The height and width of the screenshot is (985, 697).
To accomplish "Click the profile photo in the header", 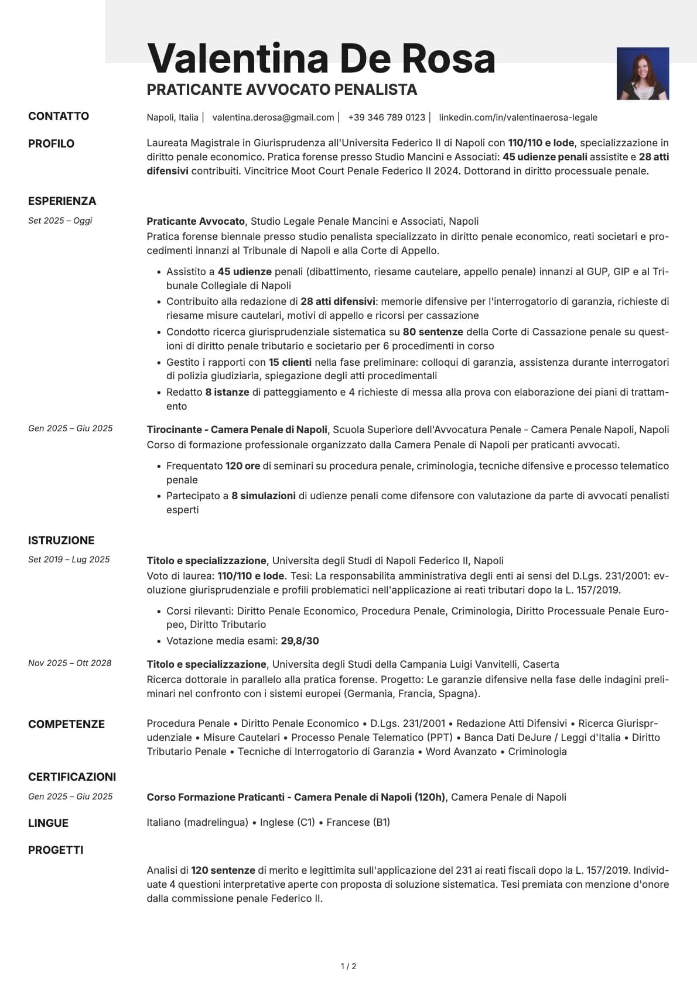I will [x=643, y=74].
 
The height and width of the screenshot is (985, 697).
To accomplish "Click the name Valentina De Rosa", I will [x=321, y=58].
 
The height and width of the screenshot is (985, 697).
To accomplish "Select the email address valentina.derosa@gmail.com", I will [x=273, y=117].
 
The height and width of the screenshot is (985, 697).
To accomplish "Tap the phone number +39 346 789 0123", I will [x=387, y=117].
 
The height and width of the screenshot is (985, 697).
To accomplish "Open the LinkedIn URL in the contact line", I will [x=518, y=117].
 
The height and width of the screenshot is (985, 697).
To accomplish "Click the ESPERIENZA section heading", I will [x=62, y=201].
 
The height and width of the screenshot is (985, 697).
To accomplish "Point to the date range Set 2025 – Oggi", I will [x=60, y=221].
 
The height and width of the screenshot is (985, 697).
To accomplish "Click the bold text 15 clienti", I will [x=290, y=362].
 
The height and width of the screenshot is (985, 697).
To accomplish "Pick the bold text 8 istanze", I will [x=227, y=392].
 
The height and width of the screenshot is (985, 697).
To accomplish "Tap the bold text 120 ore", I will [x=242, y=466].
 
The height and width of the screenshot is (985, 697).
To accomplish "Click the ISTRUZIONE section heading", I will [x=61, y=540].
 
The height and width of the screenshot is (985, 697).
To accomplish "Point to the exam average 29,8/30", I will [x=300, y=641].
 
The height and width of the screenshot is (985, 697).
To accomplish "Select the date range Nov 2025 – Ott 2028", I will [x=70, y=663].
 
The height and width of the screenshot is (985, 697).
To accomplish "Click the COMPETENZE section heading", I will [x=66, y=724].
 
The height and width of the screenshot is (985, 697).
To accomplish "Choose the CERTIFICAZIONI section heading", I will [x=72, y=777].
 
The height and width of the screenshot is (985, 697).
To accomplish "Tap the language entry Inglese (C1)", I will [x=288, y=822].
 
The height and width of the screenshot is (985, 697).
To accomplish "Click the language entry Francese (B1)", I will [x=358, y=822].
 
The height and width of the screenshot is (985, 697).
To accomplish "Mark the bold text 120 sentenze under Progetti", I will [x=223, y=870].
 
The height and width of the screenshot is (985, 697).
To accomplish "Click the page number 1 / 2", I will [x=348, y=966].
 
